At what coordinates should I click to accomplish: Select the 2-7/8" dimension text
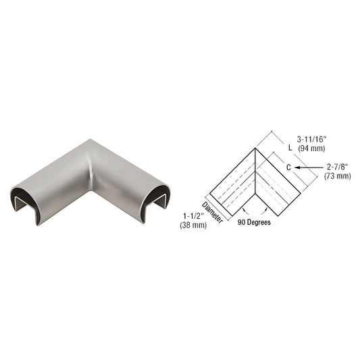tap(337, 167)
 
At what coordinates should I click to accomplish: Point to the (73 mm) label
tap(337, 176)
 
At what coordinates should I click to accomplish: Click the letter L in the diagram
tap(288, 147)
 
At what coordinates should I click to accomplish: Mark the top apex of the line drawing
tap(256, 150)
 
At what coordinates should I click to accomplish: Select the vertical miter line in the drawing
tap(256, 173)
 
